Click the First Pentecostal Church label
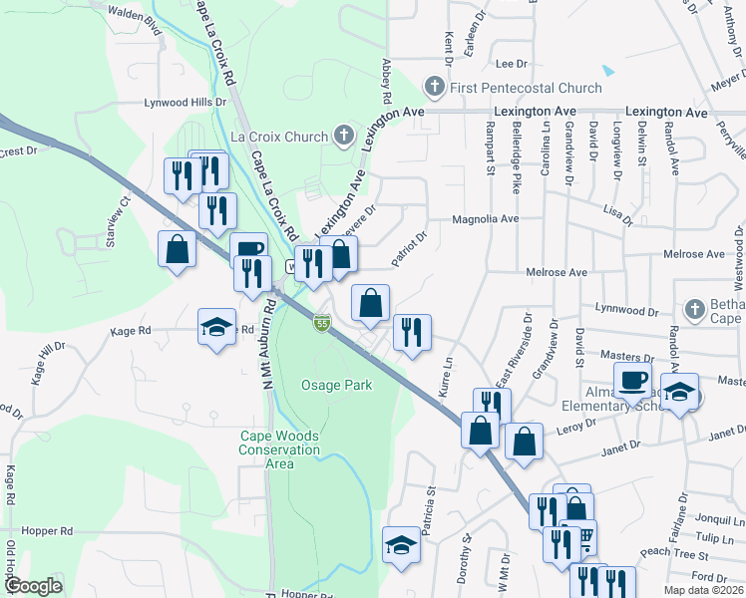tap(526, 88)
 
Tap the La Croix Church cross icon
tap(343, 135)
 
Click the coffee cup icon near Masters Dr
tap(633, 380)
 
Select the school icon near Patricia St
tap(401, 544)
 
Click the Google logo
tap(33, 586)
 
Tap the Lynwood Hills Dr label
tap(186, 102)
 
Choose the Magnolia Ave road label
tap(486, 218)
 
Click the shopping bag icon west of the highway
tap(177, 248)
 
